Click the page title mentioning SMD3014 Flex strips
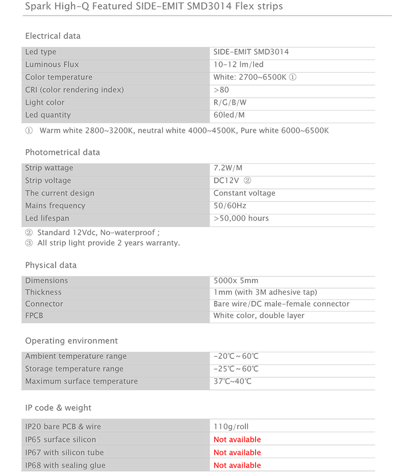point(154,7)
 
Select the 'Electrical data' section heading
point(53,36)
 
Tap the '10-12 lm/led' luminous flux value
point(238,65)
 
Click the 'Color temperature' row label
point(59,77)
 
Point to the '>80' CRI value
point(221,90)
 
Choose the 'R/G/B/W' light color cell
point(230,102)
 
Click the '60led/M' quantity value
point(229,115)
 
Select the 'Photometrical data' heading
point(62,152)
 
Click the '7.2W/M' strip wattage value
point(228,168)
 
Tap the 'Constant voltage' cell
point(244,193)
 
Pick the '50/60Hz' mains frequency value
point(229,206)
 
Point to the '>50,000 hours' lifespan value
point(241,218)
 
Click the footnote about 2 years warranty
point(103,243)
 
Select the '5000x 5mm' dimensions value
point(236,281)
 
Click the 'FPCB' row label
point(34,316)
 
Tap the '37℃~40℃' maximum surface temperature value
point(232,381)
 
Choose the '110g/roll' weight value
point(231,427)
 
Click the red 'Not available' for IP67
point(237,453)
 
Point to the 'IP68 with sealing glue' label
point(65,465)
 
